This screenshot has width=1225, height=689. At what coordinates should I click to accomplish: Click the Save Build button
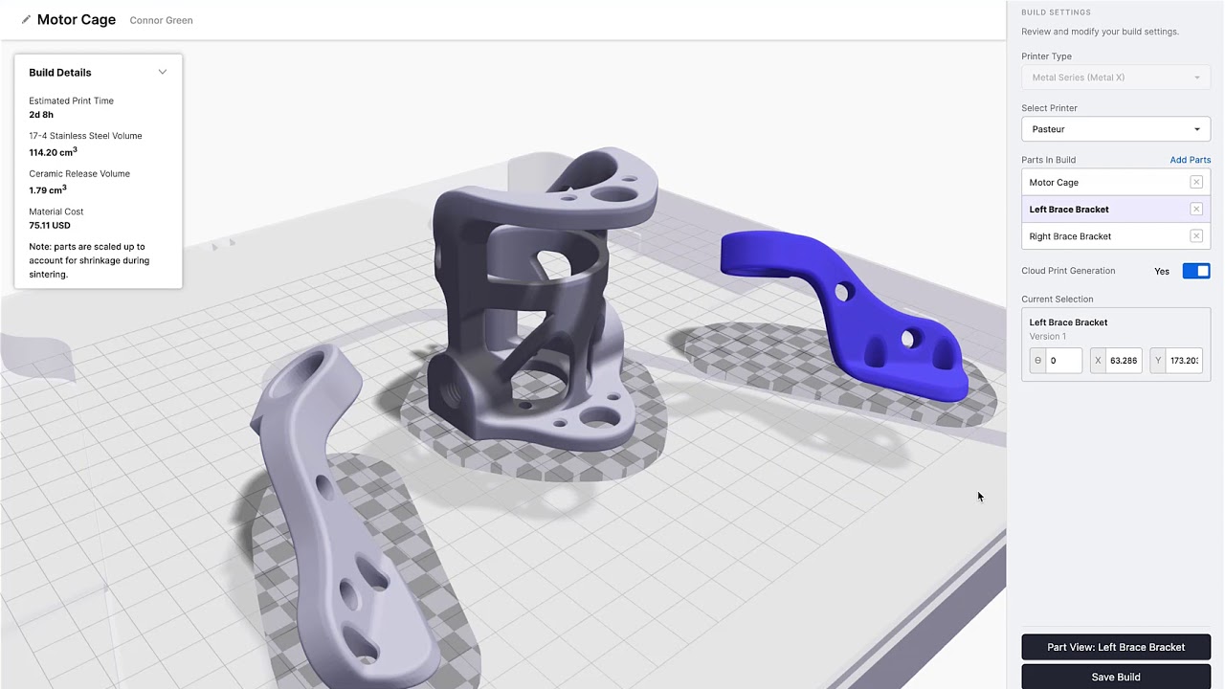[x=1115, y=677]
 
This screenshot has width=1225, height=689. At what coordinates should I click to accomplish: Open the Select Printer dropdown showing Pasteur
[x=1115, y=129]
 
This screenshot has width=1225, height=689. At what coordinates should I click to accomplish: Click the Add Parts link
[x=1190, y=160]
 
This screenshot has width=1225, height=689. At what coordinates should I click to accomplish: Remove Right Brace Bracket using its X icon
[x=1195, y=236]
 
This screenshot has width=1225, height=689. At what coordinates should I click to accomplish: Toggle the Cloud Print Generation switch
[x=1195, y=271]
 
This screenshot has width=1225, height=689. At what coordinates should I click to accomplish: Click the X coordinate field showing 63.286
[x=1123, y=361]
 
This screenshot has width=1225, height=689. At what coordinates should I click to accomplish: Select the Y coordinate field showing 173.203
[x=1183, y=361]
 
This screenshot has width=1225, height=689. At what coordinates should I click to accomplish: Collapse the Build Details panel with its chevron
[x=163, y=72]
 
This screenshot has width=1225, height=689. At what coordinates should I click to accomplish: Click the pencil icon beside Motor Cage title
[x=26, y=19]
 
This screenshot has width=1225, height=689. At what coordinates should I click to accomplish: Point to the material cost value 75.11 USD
[x=50, y=226]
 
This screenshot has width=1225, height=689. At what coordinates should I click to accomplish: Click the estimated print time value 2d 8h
[x=41, y=115]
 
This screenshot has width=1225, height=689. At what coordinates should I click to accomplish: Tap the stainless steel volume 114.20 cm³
[x=53, y=152]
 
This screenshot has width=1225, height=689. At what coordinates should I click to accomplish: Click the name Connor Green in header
[x=161, y=20]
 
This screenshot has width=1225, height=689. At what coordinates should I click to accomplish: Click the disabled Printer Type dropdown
[x=1115, y=78]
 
